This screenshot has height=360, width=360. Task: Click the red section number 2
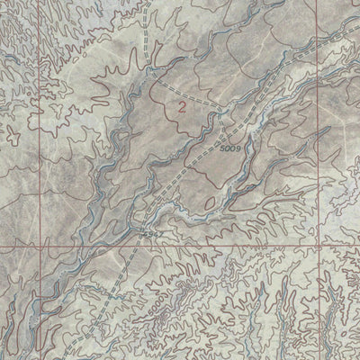184,107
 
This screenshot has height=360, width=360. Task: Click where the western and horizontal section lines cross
40,244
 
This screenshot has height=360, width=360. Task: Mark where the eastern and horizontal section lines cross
320,244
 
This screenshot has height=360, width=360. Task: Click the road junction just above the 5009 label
221,112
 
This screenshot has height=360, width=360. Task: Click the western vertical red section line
40,135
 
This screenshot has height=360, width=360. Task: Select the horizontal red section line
225,244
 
